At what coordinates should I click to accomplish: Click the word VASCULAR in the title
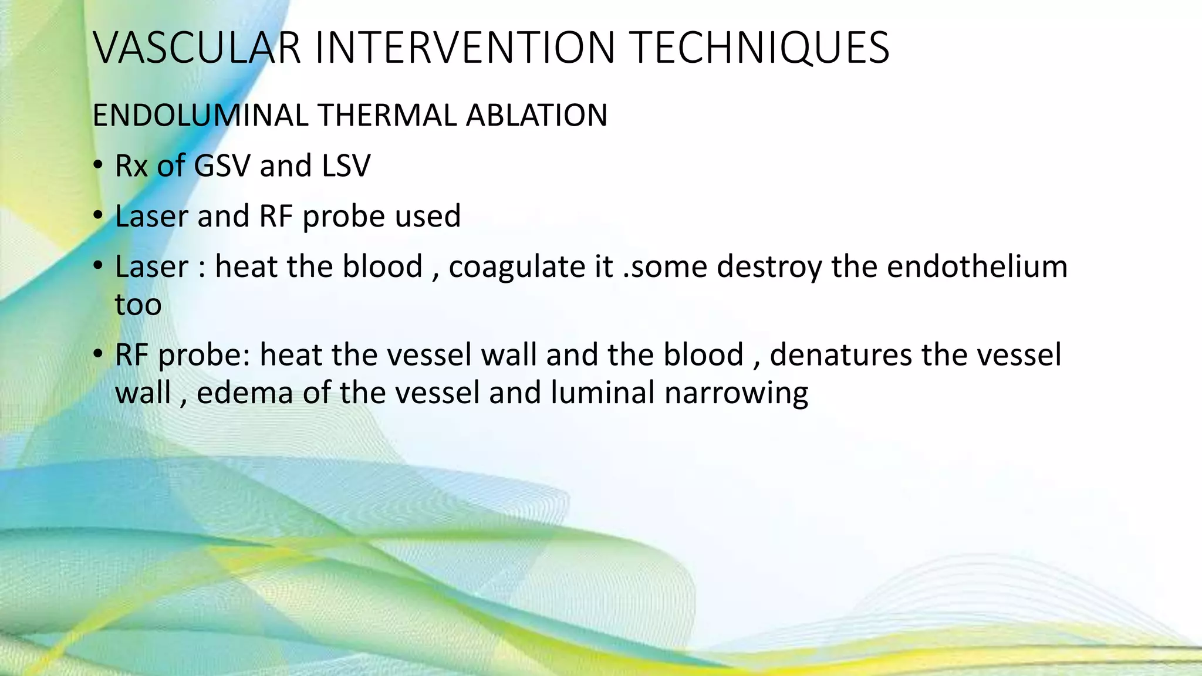coord(197,48)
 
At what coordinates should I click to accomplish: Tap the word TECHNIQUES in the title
coord(759,48)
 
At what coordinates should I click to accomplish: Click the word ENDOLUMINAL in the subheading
coord(200,115)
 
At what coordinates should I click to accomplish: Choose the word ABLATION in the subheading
coord(536,115)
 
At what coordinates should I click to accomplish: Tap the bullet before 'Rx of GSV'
coord(98,166)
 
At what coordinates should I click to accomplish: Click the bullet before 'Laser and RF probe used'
coord(98,217)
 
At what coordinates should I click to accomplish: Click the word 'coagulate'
coord(516,267)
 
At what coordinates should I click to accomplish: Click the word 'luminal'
coord(602,393)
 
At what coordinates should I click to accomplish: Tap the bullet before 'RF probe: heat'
coord(98,356)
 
